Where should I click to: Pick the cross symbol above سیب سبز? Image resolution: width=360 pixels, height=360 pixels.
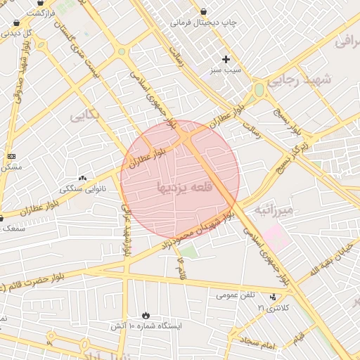click(226, 59)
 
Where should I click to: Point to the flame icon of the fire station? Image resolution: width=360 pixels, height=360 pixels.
click(146, 316)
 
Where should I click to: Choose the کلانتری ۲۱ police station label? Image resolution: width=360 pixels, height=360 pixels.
click(273, 308)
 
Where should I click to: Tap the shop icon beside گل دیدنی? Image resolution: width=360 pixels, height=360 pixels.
click(16, 22)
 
